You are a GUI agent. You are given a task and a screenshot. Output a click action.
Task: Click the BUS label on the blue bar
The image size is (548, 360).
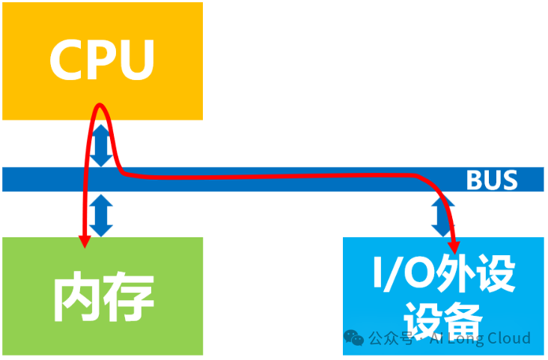tap(491, 180)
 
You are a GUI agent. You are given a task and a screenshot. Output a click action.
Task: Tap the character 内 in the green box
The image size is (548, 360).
tap(76, 297)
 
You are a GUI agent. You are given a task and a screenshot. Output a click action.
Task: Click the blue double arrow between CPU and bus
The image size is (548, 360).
tap(103, 147)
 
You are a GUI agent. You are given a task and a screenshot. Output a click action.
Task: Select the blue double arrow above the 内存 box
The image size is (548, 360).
tap(101, 215)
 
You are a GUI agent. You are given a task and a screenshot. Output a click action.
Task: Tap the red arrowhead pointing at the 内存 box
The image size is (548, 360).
tap(84, 240)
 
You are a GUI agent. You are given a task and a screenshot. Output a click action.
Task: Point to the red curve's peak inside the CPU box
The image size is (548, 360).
tap(100, 105)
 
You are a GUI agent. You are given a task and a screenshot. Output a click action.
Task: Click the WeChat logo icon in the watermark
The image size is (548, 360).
tap(355, 338)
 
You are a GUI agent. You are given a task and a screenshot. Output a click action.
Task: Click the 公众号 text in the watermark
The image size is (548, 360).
tap(390, 339)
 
